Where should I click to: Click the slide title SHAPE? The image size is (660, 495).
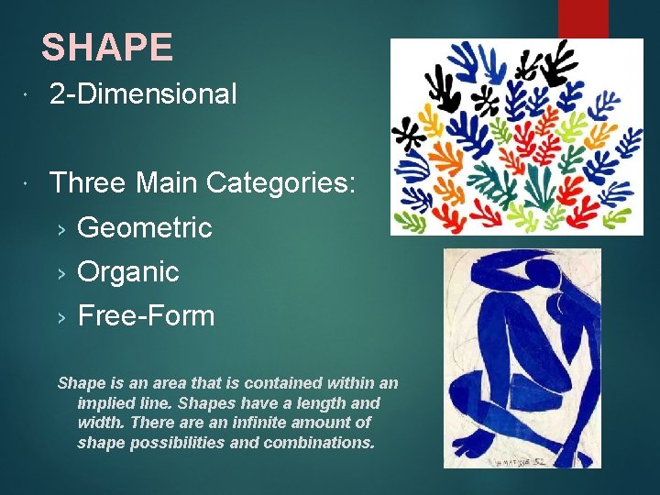tap(107, 48)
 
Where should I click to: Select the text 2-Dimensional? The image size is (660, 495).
tap(143, 94)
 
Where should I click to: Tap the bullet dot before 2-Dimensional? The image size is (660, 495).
tap(30, 95)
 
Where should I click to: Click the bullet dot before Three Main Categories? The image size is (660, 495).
tap(30, 184)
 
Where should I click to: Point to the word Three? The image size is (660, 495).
tap(88, 183)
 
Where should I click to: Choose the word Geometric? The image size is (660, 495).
tap(145, 227)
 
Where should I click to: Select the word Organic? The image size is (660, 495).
tap(128, 272)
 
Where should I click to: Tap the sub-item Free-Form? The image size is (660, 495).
tap(146, 316)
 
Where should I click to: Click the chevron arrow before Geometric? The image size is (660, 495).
tap(61, 228)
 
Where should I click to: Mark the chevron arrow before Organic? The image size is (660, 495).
tap(61, 273)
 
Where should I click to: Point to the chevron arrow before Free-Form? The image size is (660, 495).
tap(61, 317)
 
